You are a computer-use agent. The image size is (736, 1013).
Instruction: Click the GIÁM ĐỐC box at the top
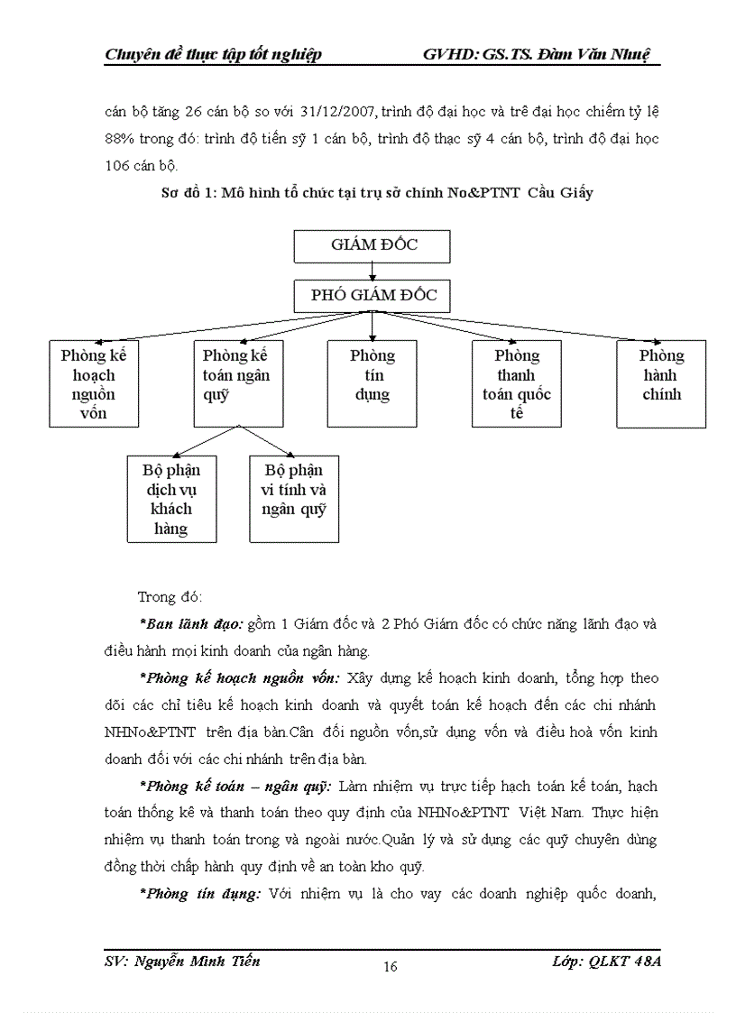373,245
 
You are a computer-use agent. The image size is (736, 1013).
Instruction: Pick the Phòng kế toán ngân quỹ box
238,383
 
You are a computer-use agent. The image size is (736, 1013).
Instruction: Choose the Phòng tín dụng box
372,383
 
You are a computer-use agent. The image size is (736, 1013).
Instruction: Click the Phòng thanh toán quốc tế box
516,383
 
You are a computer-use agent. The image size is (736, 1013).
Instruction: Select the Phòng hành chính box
661,383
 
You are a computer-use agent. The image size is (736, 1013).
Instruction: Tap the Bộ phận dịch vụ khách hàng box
171,499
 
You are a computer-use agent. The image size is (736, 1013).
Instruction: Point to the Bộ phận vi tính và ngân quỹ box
294,499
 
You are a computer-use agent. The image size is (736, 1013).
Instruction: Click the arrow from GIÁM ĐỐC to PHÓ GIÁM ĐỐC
373,270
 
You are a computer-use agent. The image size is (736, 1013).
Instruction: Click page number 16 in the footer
391,967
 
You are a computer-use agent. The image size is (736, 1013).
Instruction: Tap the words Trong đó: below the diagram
170,597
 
